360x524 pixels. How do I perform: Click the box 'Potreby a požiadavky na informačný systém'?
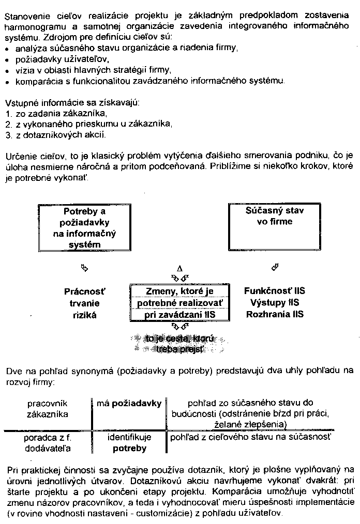pos(84,228)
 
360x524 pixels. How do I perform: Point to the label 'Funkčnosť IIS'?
pos(274,291)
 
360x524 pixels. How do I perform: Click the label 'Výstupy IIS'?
pos(274,302)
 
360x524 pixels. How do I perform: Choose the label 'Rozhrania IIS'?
pos(274,314)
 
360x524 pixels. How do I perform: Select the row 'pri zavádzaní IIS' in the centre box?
pos(179,315)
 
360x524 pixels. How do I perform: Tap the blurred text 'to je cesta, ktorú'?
pos(179,339)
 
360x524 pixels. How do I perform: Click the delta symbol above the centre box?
pos(180,269)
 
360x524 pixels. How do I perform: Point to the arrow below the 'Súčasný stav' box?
pos(275,268)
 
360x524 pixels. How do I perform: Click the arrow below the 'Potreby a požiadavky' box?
pos(85,268)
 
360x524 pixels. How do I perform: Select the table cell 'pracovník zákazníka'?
pos(47,408)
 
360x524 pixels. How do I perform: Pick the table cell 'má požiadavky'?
pos(129,403)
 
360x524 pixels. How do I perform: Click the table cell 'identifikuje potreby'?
pos(129,443)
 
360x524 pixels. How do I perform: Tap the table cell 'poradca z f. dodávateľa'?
pos(47,443)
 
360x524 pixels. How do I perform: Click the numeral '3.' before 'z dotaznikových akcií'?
pos(8,136)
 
